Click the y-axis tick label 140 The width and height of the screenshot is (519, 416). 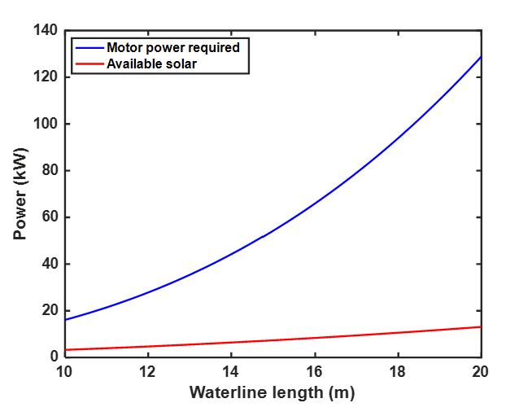click(x=46, y=31)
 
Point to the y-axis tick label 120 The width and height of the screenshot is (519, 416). click(x=46, y=77)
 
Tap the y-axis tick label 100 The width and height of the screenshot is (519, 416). click(x=46, y=124)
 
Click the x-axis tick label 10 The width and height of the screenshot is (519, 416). click(x=63, y=372)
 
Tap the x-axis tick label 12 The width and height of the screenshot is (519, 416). click(x=147, y=372)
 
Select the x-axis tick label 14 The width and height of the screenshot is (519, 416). click(x=230, y=372)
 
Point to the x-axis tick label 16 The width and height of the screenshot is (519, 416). click(x=314, y=372)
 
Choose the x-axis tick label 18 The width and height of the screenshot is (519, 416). click(x=398, y=372)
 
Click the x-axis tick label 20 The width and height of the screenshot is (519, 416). click(x=481, y=372)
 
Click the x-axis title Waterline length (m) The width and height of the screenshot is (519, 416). click(x=272, y=392)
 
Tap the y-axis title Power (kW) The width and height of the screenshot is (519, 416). click(x=20, y=194)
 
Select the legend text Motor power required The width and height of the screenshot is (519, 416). click(x=173, y=47)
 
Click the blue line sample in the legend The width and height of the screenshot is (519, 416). click(x=89, y=47)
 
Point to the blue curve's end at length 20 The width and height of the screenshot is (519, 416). click(x=481, y=57)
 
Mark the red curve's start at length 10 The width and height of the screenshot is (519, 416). click(x=64, y=350)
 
